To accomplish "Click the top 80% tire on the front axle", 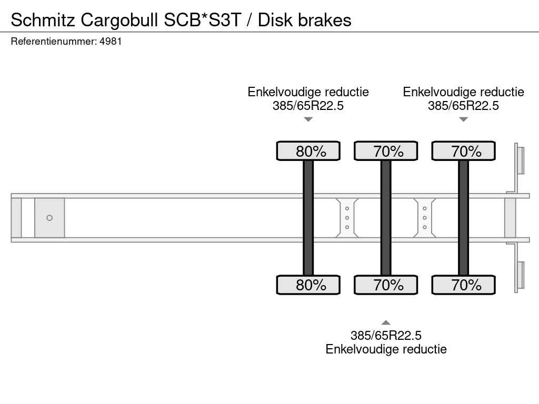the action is click(x=308, y=151).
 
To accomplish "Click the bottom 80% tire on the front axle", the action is click(x=308, y=285).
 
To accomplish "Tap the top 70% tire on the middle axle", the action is click(x=386, y=151).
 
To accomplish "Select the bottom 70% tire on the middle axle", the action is click(x=386, y=285).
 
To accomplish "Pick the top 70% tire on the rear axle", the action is click(x=463, y=151).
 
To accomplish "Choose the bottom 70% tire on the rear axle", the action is click(x=463, y=285).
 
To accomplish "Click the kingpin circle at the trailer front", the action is click(x=49, y=218).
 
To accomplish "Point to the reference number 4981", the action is click(x=111, y=42).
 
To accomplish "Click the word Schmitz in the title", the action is click(x=43, y=21).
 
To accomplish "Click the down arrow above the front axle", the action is click(x=308, y=119).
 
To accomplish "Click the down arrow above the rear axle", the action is click(x=463, y=119).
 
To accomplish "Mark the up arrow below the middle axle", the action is click(x=386, y=322).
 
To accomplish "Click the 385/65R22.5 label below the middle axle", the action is click(x=386, y=335).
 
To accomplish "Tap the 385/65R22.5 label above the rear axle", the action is click(x=463, y=106).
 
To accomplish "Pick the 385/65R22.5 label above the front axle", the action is click(x=308, y=106).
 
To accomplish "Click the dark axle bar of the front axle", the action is click(x=308, y=218).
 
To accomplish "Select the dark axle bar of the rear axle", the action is click(x=463, y=218).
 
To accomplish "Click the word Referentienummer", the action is click(x=54, y=42).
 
